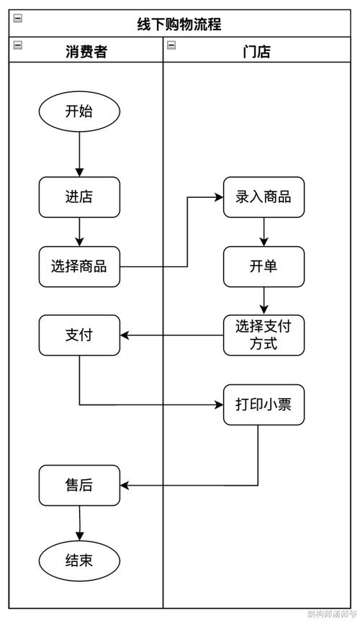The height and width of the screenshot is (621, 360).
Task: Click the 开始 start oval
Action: click(x=79, y=112)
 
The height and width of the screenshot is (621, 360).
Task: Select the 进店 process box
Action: click(x=79, y=196)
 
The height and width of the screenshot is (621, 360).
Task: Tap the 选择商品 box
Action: click(x=79, y=266)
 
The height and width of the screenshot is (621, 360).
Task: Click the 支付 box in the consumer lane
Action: click(x=79, y=335)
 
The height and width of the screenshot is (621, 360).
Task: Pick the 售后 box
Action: click(x=79, y=485)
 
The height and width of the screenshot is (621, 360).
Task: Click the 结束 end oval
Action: click(x=79, y=561)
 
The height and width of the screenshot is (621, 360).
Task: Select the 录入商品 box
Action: click(x=264, y=196)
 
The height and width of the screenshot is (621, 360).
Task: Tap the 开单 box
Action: click(x=264, y=266)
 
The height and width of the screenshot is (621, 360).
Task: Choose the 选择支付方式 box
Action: click(x=264, y=335)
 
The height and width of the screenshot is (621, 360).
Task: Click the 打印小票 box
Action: click(x=264, y=404)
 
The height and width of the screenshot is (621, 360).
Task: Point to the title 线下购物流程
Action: click(x=179, y=24)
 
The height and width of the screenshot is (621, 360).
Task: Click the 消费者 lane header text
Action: click(x=86, y=52)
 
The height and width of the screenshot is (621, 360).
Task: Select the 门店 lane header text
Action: click(x=257, y=52)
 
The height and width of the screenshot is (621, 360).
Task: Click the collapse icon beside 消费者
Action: click(x=18, y=45)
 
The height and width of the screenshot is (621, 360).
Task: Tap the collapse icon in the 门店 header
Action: click(x=171, y=45)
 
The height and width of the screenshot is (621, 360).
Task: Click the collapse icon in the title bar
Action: click(x=18, y=18)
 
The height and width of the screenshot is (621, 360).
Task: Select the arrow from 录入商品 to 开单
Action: click(x=264, y=232)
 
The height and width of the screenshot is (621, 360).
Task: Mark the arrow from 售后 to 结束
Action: click(x=79, y=522)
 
